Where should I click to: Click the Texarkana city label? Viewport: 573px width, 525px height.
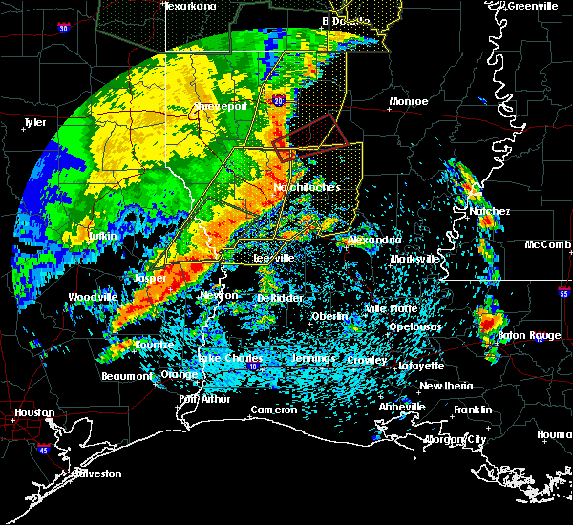pyautogui.click(x=190, y=6)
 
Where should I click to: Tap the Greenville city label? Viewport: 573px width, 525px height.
pyautogui.click(x=532, y=6)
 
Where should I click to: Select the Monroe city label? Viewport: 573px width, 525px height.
pyautogui.click(x=408, y=101)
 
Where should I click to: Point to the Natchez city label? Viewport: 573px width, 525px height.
pyautogui.click(x=489, y=211)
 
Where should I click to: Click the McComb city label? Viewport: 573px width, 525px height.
pyautogui.click(x=547, y=245)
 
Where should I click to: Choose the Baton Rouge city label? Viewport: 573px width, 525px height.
pyautogui.click(x=530, y=335)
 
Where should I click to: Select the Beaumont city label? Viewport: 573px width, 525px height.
pyautogui.click(x=126, y=376)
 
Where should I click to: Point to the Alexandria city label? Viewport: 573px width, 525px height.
pyautogui.click(x=373, y=240)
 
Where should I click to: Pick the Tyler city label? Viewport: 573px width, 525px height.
pyautogui.click(x=34, y=122)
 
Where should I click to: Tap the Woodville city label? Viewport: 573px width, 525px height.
pyautogui.click(x=93, y=297)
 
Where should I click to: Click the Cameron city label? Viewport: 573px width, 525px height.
pyautogui.click(x=274, y=409)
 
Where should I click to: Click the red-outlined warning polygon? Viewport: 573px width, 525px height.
pyautogui.click(x=308, y=134)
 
